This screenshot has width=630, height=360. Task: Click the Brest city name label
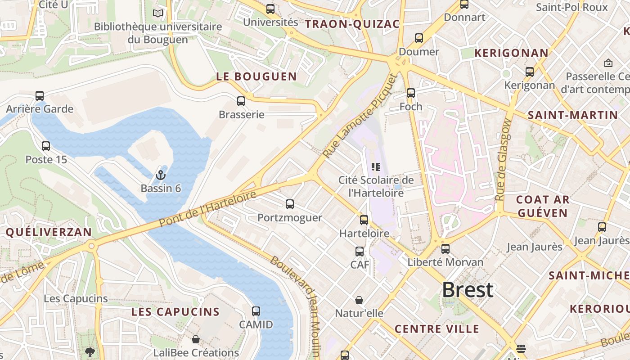[468, 290]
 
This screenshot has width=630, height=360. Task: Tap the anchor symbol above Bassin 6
[161, 175]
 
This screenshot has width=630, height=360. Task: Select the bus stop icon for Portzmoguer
[290, 204]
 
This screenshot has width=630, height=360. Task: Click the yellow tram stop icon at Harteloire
[364, 220]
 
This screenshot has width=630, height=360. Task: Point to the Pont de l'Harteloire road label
[207, 209]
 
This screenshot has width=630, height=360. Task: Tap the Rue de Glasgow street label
[503, 159]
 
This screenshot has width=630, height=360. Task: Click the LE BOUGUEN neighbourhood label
[256, 76]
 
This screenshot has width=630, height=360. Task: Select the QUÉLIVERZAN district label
[49, 232]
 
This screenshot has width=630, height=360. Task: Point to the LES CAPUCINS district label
[175, 312]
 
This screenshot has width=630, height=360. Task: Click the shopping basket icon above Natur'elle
[359, 300]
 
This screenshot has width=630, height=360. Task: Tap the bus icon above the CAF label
[360, 252]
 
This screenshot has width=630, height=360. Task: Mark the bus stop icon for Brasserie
[241, 101]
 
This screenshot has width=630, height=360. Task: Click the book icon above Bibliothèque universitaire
[157, 13]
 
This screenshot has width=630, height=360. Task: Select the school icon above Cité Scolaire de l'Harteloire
[376, 167]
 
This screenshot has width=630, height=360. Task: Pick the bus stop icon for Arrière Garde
[40, 95]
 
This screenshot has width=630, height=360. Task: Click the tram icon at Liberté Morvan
[445, 248]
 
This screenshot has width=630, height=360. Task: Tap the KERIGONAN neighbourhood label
[512, 53]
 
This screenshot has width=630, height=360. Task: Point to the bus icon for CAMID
[256, 311]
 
